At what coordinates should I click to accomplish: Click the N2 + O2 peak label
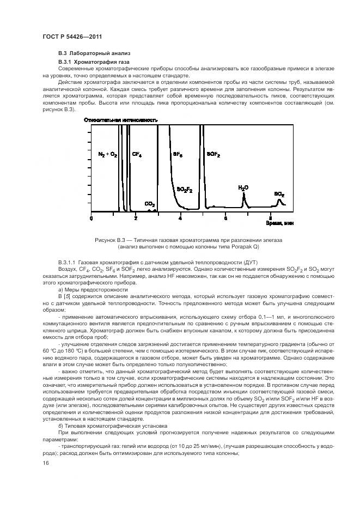107,155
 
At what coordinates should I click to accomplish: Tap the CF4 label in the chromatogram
137,155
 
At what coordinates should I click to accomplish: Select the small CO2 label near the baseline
149,204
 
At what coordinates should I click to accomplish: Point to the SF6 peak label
178,155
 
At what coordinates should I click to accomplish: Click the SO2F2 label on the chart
185,189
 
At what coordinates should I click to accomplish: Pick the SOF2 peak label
213,155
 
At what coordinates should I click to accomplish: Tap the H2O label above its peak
243,187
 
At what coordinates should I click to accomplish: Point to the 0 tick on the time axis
91,218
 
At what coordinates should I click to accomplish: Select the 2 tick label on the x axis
136,218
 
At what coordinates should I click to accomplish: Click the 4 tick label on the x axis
180,218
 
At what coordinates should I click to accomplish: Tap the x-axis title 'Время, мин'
280,223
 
